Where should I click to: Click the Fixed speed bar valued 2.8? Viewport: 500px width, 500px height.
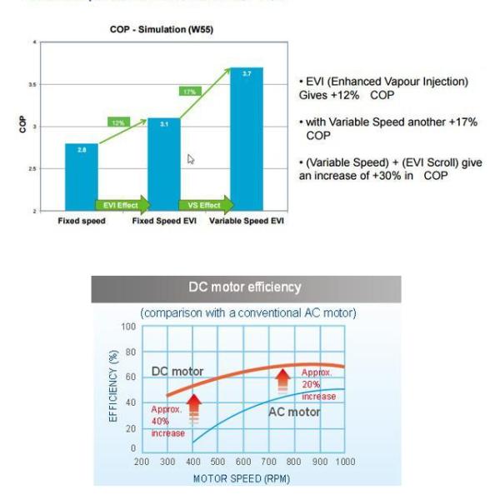point(81,177)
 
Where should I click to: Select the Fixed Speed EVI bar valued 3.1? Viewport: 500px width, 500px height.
point(163,164)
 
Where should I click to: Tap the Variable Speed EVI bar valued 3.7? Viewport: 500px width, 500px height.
point(246,139)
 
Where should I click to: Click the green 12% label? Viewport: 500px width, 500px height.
point(118,122)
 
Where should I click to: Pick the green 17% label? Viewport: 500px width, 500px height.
point(190,91)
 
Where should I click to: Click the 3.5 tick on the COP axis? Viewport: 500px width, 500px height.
point(33,84)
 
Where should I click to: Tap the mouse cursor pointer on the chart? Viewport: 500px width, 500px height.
point(191,158)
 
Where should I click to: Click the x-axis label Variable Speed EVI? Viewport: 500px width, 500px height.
point(246,222)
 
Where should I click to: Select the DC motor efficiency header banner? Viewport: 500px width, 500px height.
point(246,287)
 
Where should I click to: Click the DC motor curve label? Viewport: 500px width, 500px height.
point(177,371)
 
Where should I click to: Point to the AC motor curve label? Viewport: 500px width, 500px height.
point(294,412)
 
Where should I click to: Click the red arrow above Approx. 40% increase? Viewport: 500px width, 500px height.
point(193,407)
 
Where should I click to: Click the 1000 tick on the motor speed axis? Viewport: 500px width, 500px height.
point(344,461)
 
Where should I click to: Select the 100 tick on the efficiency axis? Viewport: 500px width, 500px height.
point(128,326)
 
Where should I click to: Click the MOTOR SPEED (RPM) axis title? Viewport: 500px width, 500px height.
point(241,478)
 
